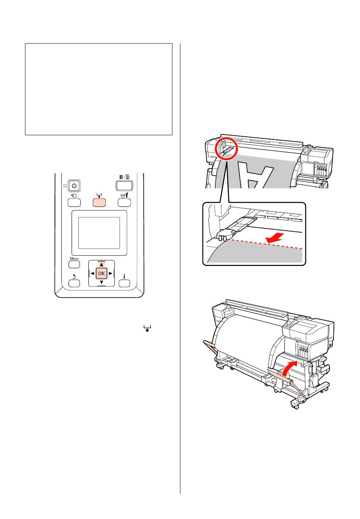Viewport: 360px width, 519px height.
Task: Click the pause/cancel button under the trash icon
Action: pos(124,185)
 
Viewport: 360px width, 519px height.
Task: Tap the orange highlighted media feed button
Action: pos(99,203)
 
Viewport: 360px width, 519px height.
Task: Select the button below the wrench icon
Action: pos(124,203)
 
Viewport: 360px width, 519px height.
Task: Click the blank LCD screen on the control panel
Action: pos(99,233)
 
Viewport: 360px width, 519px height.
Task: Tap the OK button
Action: pos(101,274)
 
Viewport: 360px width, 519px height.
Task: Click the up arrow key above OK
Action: pos(101,264)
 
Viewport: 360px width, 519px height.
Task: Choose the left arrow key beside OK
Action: pos(92,274)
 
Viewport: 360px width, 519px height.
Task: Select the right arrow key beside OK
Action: pos(110,274)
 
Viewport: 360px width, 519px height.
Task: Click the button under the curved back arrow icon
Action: pos(74,283)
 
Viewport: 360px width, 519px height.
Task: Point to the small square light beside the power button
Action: pos(65,186)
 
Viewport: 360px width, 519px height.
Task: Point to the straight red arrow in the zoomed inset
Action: pos(275,238)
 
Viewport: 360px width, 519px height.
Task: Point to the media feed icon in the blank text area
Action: pos(147,328)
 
